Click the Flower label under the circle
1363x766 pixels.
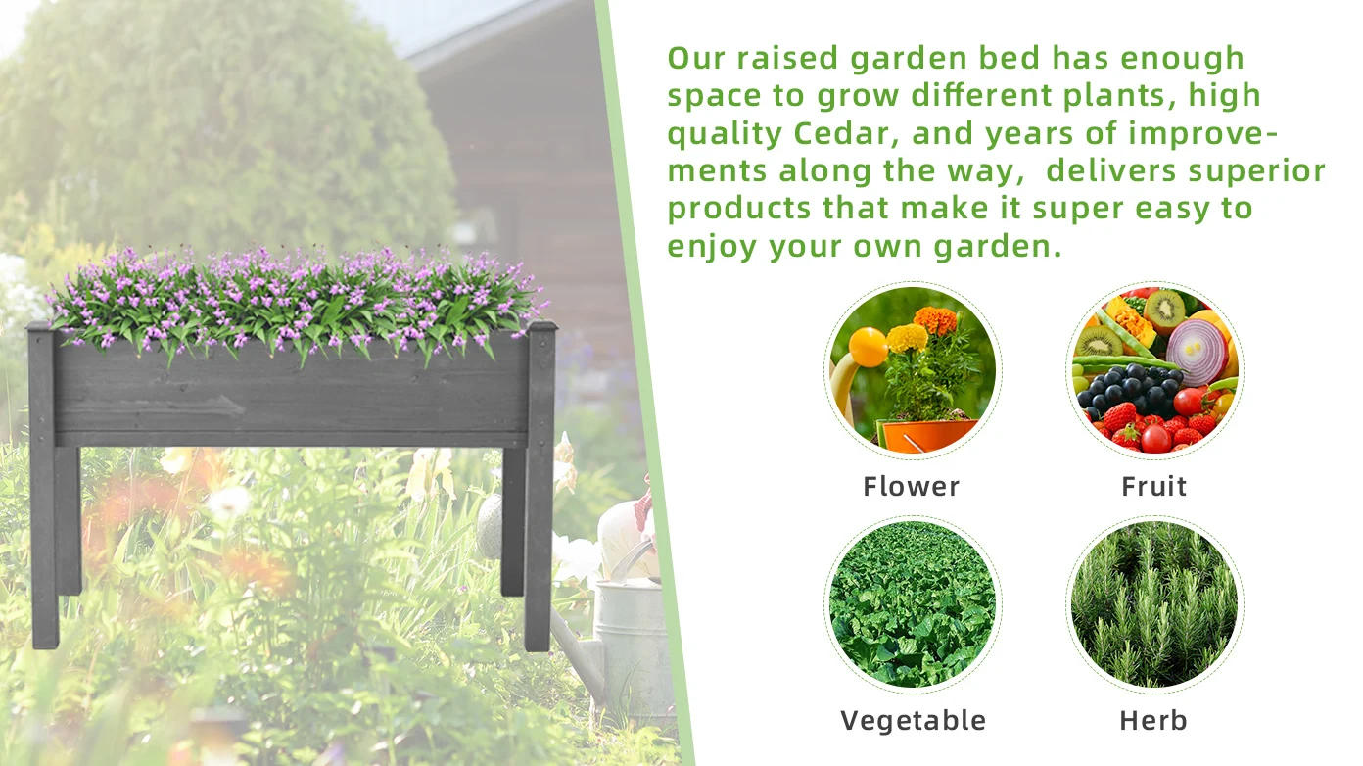[911, 486]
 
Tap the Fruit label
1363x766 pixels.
[1153, 486]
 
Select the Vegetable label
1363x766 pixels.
[913, 720]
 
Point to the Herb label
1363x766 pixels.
[1153, 720]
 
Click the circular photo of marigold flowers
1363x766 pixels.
[913, 370]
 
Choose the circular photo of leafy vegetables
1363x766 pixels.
[913, 603]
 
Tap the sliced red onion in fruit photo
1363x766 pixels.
[1197, 352]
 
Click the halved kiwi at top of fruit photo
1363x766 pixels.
[1163, 311]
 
